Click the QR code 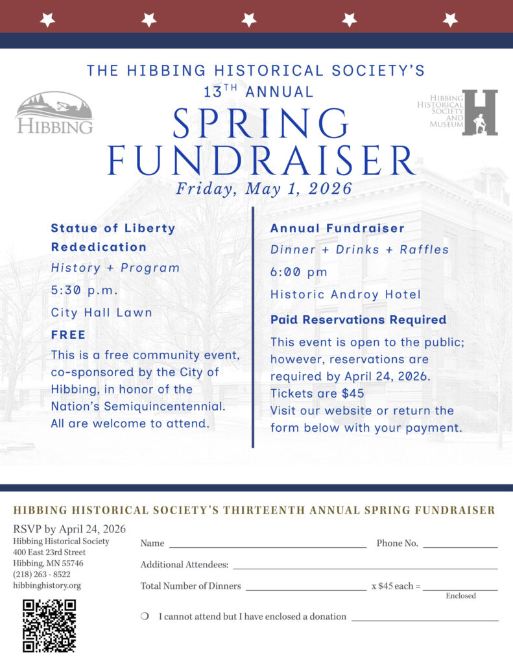coord(49,625)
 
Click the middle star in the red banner coord(249,19)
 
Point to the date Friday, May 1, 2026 coord(264,189)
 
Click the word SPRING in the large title coord(261,123)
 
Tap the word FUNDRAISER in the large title coord(261,161)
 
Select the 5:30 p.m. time coord(85,290)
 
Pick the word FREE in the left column coord(68,335)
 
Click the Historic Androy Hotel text coord(346,294)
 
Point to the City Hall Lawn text coord(102,313)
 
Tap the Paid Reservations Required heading coord(358,320)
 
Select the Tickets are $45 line coord(317,393)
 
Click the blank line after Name coord(267,543)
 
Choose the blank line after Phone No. coord(460,543)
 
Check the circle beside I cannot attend coord(145,617)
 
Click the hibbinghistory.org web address coord(47,586)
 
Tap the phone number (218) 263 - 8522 coord(42,575)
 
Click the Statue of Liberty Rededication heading coord(113,237)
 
